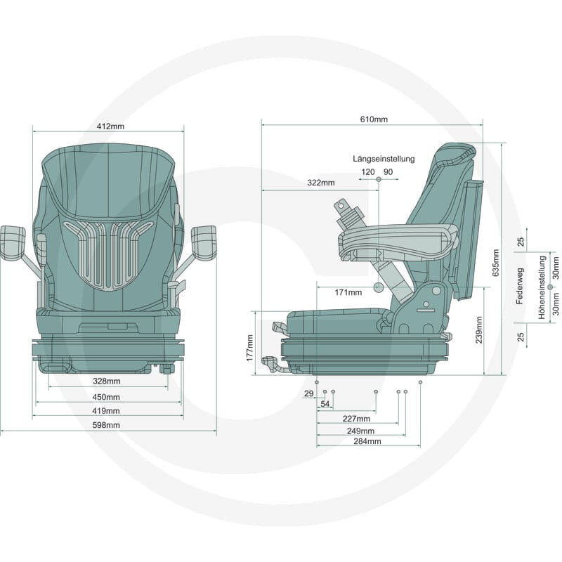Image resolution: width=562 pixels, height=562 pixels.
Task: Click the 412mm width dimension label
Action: (x=110, y=126)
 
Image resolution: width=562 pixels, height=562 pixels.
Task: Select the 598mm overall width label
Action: (x=106, y=425)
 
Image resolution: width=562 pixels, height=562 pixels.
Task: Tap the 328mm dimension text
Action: (x=107, y=381)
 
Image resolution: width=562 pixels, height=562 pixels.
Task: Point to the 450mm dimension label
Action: (x=106, y=397)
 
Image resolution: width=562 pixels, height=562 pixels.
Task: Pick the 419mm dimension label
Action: (x=106, y=411)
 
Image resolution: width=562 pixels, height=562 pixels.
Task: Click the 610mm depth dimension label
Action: (x=374, y=119)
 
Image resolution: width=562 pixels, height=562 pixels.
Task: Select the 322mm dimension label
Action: (x=321, y=183)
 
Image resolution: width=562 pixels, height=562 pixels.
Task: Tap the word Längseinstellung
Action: (x=384, y=159)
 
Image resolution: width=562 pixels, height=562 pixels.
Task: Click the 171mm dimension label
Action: (x=348, y=292)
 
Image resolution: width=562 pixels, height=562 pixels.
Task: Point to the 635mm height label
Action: (x=496, y=263)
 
